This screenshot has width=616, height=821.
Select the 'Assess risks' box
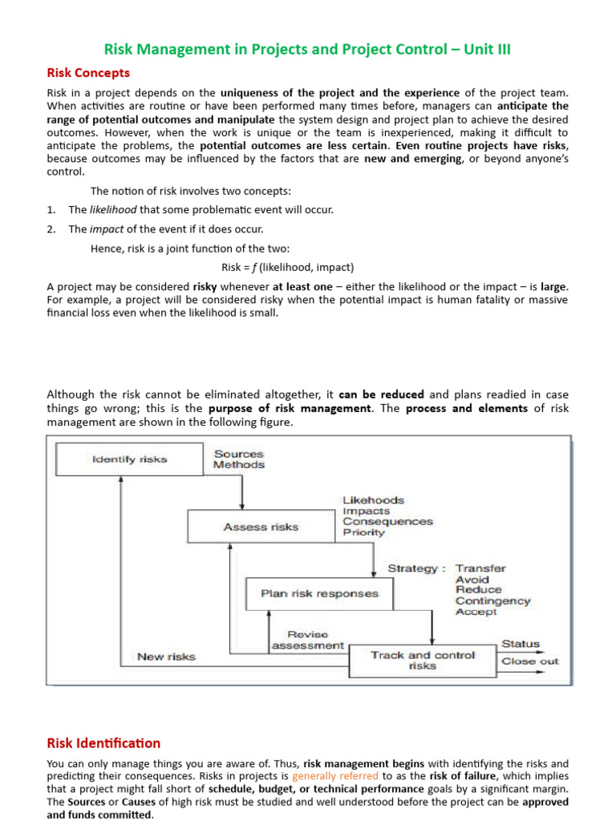point(260,527)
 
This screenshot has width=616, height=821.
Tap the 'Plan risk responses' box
point(309,594)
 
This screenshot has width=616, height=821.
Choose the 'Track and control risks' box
point(423,660)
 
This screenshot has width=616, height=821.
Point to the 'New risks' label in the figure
point(166,657)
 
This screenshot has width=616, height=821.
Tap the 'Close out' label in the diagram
point(529,661)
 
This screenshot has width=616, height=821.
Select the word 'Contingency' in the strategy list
point(492,601)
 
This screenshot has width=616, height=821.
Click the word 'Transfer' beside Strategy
point(480,568)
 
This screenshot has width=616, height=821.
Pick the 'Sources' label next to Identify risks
point(238,454)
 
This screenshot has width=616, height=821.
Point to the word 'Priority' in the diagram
point(363,532)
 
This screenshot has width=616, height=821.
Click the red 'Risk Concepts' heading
point(88,73)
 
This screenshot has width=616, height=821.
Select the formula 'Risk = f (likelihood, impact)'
point(287,267)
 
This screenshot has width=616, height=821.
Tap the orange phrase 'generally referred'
point(335,776)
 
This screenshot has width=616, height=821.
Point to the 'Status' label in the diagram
point(521,644)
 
